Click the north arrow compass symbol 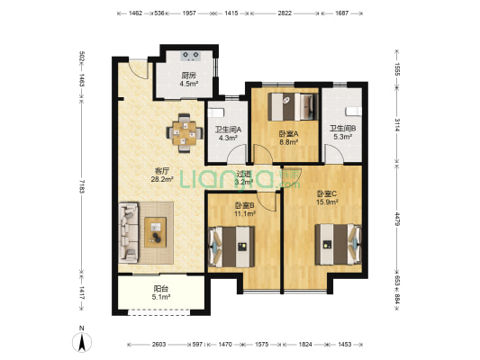pos(82,342)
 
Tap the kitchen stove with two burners pos(191,56)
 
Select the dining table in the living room pos(185,133)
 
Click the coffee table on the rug pos(156,232)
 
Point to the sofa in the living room pos(128,232)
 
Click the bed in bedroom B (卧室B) pos(231,247)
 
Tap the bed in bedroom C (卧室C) pos(339,244)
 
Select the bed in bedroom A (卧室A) pos(293,107)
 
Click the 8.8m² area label pos(288,141)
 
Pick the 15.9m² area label pos(327,202)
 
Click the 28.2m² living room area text pos(162,179)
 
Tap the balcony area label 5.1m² pos(161,296)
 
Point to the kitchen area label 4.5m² pos(188,83)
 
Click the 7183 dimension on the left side pos(81,186)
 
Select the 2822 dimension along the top pos(285,13)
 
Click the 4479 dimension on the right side pos(397,219)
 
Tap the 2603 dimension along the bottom pos(158,345)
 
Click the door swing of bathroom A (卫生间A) pos(237,154)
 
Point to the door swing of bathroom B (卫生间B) pos(334,154)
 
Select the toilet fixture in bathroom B pos(354,112)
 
